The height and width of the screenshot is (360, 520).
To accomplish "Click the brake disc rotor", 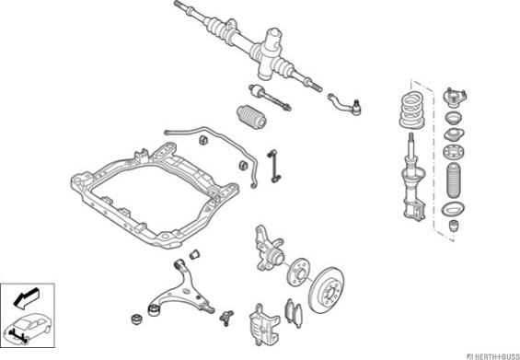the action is (x=327, y=289).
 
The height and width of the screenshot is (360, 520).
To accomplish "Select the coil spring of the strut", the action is (x=412, y=110).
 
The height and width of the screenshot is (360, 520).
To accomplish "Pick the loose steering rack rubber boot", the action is (x=251, y=118).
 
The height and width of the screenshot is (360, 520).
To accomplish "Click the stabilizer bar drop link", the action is (x=274, y=167).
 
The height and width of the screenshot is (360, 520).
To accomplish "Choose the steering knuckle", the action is (x=269, y=249).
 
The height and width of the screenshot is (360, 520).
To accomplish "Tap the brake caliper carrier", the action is (x=263, y=323).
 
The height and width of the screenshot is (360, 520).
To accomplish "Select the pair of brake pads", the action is (x=294, y=313).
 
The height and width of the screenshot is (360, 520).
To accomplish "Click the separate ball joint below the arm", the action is (x=226, y=318).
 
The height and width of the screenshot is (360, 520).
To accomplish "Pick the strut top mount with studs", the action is (x=455, y=98).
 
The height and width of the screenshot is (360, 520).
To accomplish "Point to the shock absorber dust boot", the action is (x=454, y=180).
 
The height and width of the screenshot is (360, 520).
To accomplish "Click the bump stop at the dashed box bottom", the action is (x=454, y=226).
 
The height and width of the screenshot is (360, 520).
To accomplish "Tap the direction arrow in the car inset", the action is (x=27, y=298).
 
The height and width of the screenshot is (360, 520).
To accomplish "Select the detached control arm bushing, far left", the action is (x=136, y=319).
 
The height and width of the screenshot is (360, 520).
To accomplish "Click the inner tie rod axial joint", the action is (x=270, y=97).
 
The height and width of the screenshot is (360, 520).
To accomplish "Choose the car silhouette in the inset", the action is (x=28, y=328).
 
